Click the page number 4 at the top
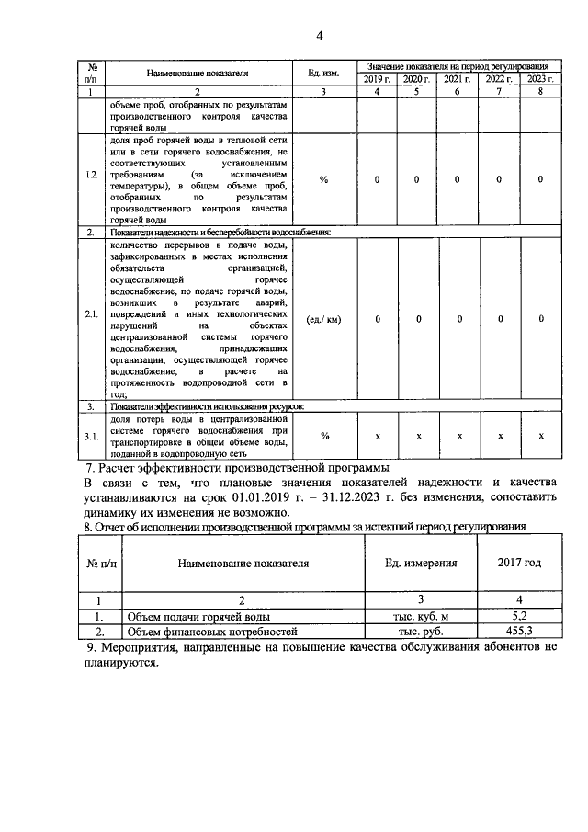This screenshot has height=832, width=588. [320, 37]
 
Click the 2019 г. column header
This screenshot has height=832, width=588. [376, 80]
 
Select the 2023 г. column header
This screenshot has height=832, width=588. [540, 80]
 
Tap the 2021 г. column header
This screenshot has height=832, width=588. [457, 80]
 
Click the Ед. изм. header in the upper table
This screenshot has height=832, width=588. [323, 74]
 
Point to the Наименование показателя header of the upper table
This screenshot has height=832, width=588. [198, 74]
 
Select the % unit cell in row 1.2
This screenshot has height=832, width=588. [323, 178]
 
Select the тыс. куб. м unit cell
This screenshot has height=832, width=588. [416, 617]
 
